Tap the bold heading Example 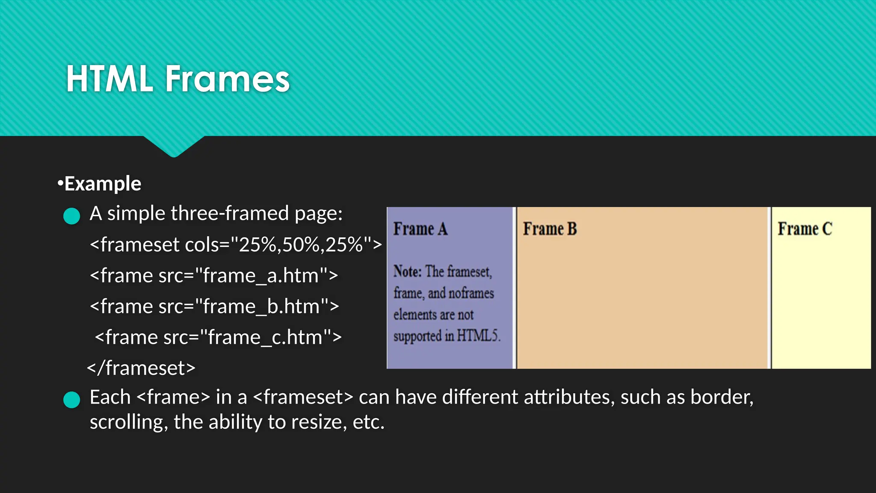(x=102, y=184)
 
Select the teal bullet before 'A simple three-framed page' (x=71, y=216)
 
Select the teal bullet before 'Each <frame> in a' (x=71, y=400)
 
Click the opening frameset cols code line (x=236, y=245)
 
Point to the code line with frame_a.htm (x=214, y=276)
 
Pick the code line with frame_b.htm (x=214, y=306)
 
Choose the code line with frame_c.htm (x=218, y=337)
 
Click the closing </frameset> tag (x=141, y=368)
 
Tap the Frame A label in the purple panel (x=420, y=229)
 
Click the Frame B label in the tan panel (x=550, y=229)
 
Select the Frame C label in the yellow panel (x=805, y=229)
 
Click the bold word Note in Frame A (x=407, y=271)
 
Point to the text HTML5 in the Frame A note (x=478, y=336)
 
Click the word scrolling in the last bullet (x=127, y=422)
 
